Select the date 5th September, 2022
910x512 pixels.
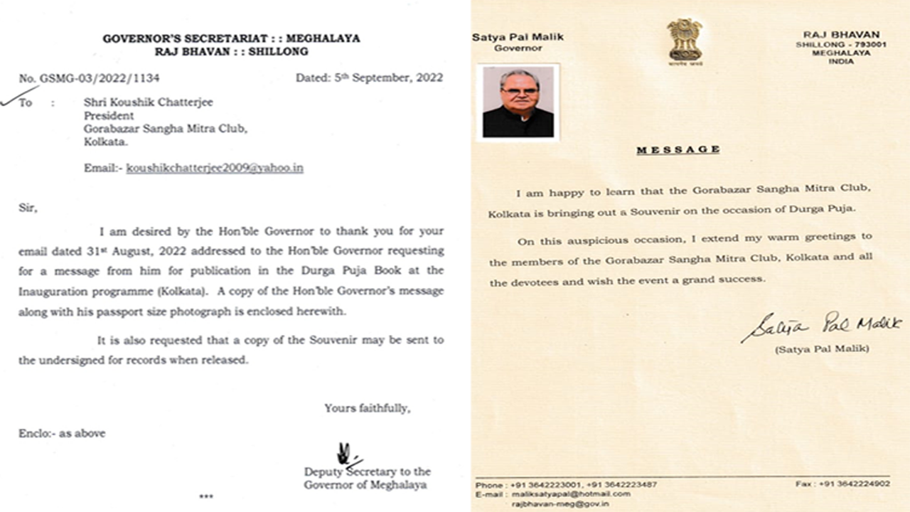370,78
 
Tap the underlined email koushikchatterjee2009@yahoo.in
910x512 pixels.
215,168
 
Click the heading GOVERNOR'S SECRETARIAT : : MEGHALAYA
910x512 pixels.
231,38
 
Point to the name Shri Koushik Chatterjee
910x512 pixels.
148,102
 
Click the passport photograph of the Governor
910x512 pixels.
518,102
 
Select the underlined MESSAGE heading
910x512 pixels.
678,149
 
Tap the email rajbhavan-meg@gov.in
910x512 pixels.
560,503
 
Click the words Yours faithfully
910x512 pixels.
367,408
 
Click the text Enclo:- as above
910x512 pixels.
62,432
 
